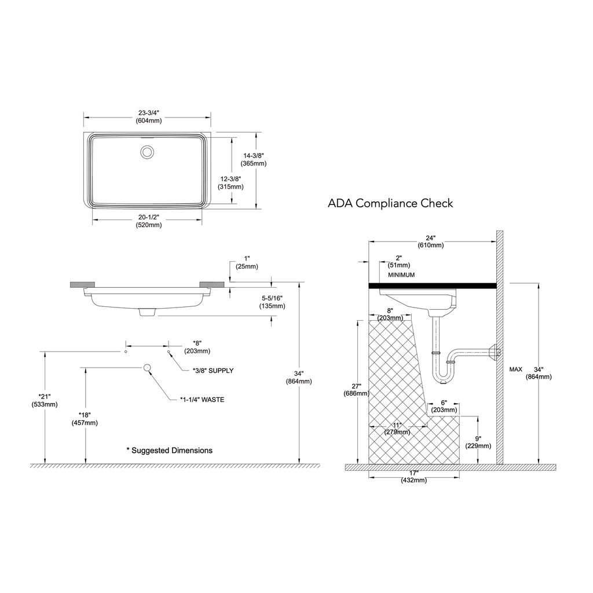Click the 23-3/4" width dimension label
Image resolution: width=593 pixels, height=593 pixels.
pyautogui.click(x=149, y=116)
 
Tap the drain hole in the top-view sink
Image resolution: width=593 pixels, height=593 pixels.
pyautogui.click(x=147, y=152)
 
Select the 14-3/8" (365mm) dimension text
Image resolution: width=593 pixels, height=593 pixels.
pyautogui.click(x=254, y=159)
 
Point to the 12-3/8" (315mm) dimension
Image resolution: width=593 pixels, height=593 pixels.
pyautogui.click(x=230, y=182)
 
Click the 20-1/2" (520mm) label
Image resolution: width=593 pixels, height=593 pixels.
pyautogui.click(x=149, y=221)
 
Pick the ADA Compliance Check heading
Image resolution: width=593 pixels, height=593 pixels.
pyautogui.click(x=390, y=203)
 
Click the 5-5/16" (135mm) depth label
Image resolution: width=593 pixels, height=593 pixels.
pyautogui.click(x=272, y=302)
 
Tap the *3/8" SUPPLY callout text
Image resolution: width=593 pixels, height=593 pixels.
pyautogui.click(x=213, y=371)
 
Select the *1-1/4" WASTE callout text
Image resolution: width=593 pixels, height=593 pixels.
pyautogui.click(x=202, y=400)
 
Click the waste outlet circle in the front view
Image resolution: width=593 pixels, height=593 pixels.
pyautogui.click(x=147, y=367)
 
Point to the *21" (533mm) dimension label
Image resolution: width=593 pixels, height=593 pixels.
pyautogui.click(x=45, y=400)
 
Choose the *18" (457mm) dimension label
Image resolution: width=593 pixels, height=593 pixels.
pyautogui.click(x=85, y=419)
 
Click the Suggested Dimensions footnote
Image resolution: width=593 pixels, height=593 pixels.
pyautogui.click(x=170, y=451)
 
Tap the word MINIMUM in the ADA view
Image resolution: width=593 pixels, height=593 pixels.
pyautogui.click(x=401, y=275)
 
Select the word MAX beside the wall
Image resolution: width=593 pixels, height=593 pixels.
pyautogui.click(x=515, y=369)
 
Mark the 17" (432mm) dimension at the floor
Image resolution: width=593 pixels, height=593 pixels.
pyautogui.click(x=413, y=477)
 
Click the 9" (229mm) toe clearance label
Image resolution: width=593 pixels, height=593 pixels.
pyautogui.click(x=478, y=442)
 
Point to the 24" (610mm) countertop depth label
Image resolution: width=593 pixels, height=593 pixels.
pyautogui.click(x=430, y=241)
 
